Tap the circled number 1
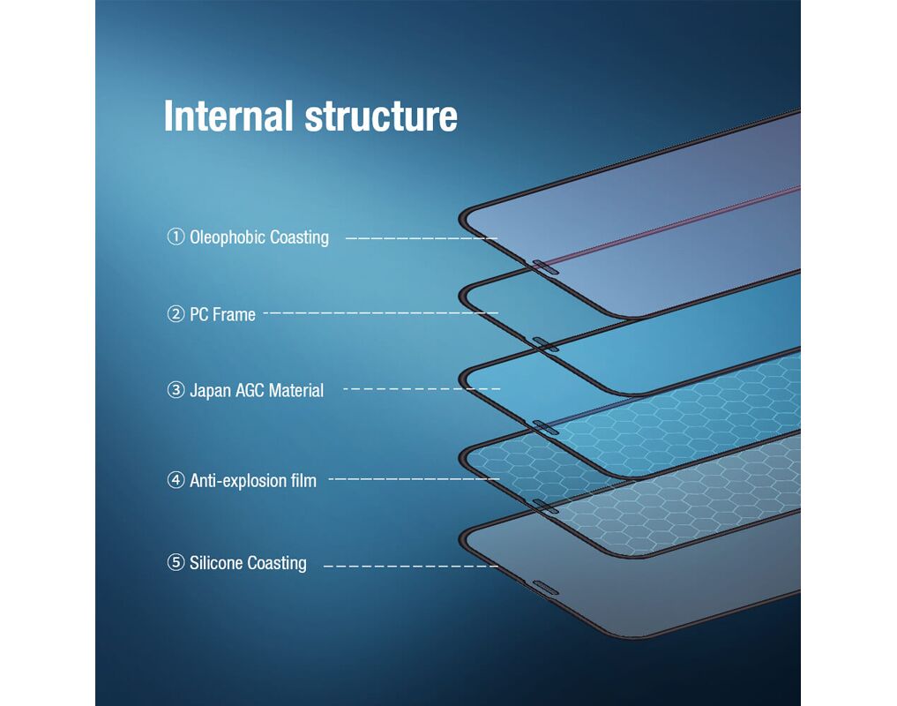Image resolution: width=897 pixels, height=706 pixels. point(176,237)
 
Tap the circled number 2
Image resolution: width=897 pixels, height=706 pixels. point(176,314)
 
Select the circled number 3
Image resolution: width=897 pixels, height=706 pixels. point(176,390)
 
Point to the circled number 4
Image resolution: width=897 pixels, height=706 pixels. point(176,480)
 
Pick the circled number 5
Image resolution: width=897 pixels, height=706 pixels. point(176,562)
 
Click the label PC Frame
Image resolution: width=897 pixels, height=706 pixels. point(222,314)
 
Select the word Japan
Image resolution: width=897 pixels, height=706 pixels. point(210,391)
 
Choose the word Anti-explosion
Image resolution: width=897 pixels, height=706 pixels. point(237,480)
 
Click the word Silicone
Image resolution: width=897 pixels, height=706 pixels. point(216,563)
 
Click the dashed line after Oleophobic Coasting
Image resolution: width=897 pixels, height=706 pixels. point(422,237)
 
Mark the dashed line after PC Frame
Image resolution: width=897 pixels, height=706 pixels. point(381,312)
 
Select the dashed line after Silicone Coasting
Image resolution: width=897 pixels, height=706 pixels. point(411,567)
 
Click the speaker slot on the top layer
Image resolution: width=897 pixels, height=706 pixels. point(545,267)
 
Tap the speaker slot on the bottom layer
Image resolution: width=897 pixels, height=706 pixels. point(545,588)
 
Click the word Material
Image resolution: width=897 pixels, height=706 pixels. point(296,390)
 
